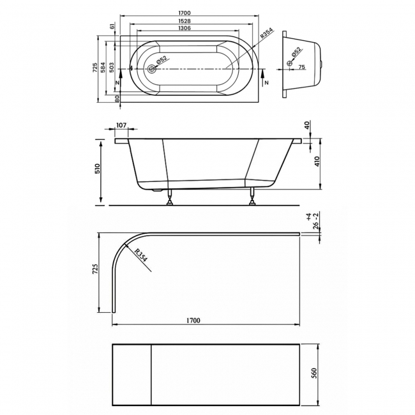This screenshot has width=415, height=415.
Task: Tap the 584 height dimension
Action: coord(103,68)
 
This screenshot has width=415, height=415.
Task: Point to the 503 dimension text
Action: coord(112,68)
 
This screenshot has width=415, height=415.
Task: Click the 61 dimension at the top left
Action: coord(112,26)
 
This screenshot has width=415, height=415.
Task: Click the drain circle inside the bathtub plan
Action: coord(152,68)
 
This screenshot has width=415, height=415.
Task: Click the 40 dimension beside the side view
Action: coord(307,126)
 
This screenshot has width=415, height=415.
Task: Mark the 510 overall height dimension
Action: coord(98,170)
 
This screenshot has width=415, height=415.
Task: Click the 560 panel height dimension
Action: coord(315,373)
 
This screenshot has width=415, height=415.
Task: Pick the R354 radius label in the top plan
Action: coord(268,36)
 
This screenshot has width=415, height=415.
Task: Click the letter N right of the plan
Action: coord(266,83)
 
